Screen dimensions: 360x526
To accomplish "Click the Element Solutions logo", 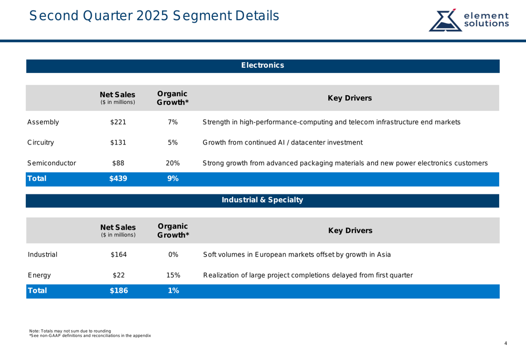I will [x=469, y=19].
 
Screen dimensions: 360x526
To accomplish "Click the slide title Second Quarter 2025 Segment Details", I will [x=154, y=16].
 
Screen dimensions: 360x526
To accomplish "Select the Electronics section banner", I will [x=262, y=66].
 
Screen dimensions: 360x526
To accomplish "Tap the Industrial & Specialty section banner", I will [x=262, y=200].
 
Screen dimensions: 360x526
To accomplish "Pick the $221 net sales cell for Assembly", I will [x=118, y=122].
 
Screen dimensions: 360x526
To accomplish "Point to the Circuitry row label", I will [x=41, y=142].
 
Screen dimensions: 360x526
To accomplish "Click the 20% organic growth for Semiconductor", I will [x=173, y=163].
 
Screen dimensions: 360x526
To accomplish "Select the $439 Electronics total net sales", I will [x=118, y=179].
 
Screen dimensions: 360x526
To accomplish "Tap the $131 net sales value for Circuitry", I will [x=118, y=142].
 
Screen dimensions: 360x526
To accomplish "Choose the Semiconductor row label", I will [x=52, y=163].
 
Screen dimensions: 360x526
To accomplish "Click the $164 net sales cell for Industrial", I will [x=118, y=255].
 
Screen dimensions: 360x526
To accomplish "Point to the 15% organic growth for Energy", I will [x=173, y=275].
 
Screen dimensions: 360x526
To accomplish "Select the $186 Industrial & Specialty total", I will [x=118, y=291].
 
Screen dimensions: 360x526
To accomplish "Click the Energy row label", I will [x=39, y=275].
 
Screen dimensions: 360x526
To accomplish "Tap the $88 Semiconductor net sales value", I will [x=118, y=163].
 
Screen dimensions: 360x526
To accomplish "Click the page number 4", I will [x=505, y=344].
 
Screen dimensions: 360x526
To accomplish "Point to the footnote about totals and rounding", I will [x=70, y=331].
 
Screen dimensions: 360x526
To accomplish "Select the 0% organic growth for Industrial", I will [x=173, y=255].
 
